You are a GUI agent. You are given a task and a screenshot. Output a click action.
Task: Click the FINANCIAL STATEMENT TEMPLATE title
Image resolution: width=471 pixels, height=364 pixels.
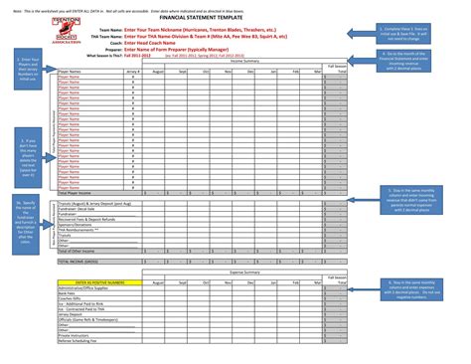[x=235, y=18]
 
